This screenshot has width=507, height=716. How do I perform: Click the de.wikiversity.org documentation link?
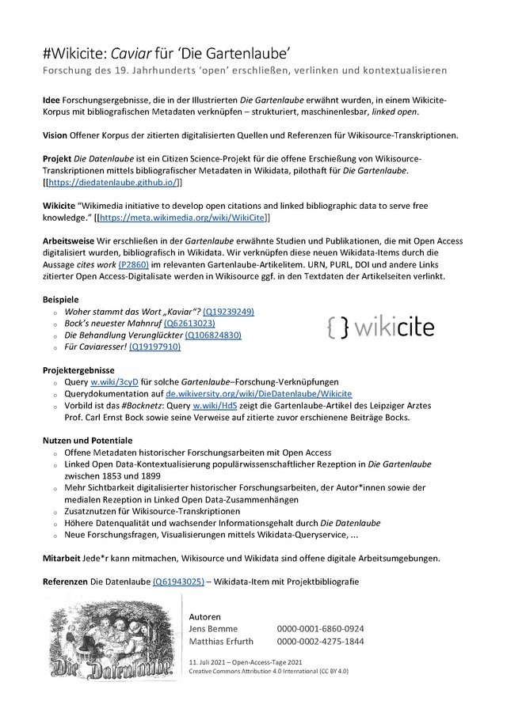tap(258, 393)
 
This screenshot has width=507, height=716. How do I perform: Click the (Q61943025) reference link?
tap(178, 582)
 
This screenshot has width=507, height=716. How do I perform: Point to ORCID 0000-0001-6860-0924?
tap(320, 628)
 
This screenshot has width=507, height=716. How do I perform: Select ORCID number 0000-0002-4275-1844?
tap(320, 641)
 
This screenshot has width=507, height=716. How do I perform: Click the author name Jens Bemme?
tap(214, 628)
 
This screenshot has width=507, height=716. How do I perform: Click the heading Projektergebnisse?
tap(78, 369)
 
